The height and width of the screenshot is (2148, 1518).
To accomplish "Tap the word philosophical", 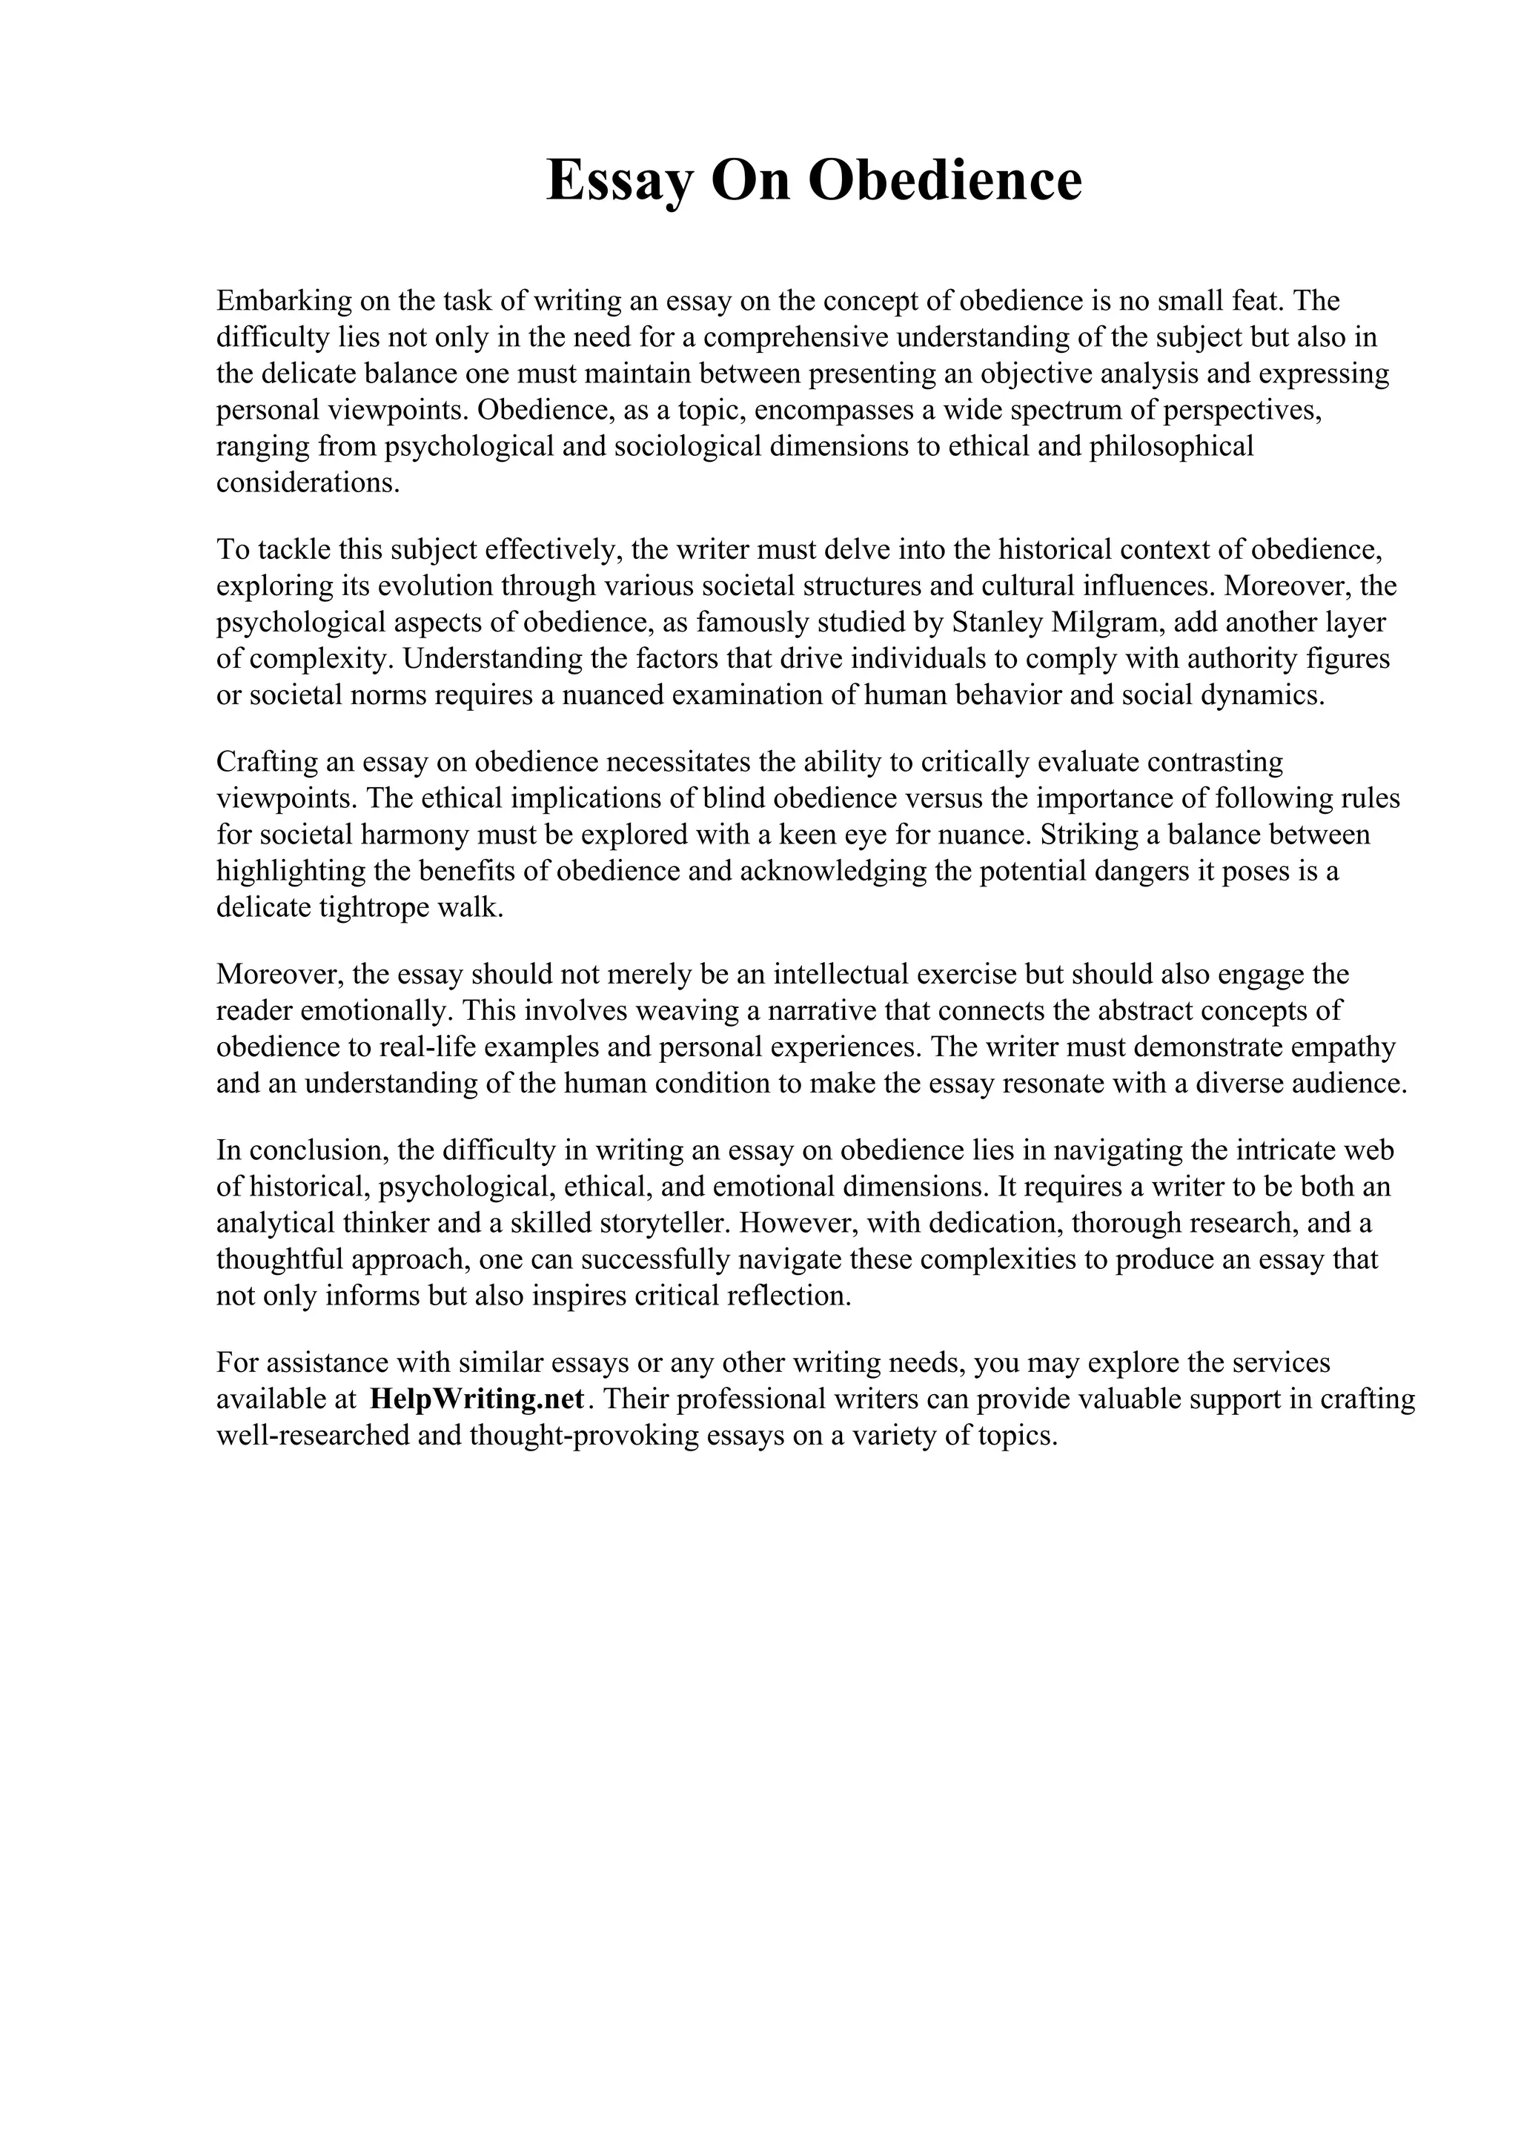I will point(1171,446).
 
